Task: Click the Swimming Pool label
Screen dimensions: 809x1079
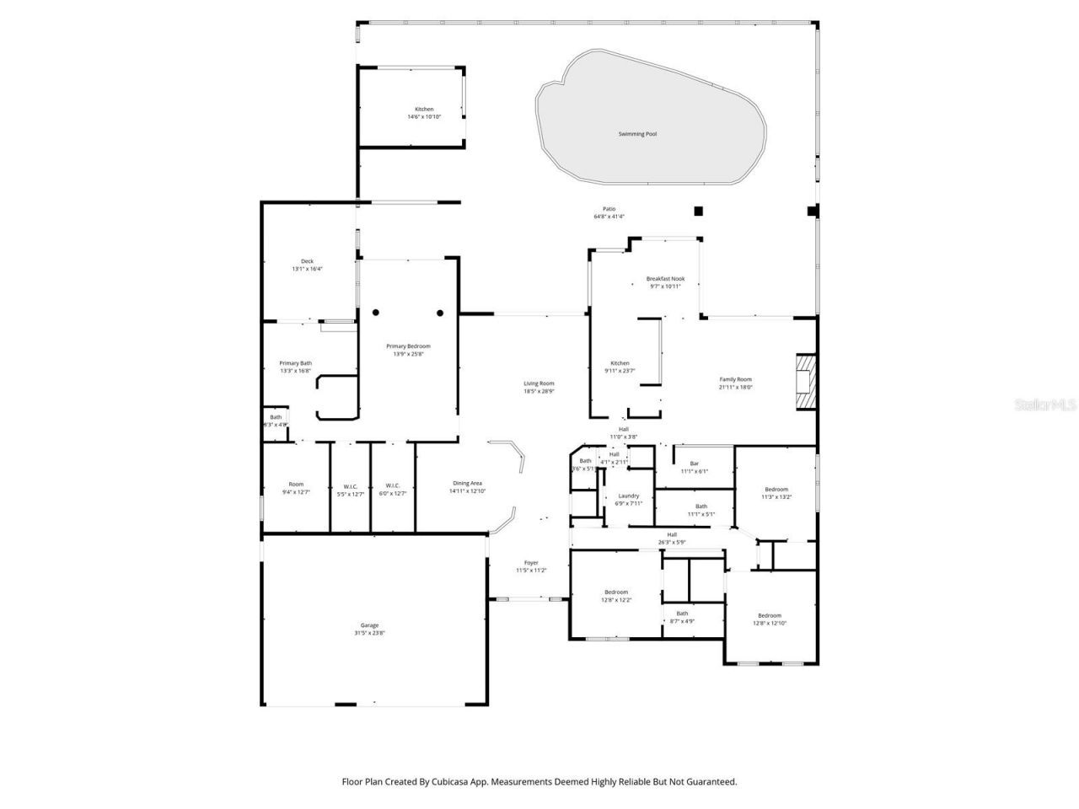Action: click(637, 134)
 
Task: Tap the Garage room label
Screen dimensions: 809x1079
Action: click(370, 625)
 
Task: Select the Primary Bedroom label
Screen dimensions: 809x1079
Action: click(408, 346)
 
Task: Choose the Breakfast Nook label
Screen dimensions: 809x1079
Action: click(665, 279)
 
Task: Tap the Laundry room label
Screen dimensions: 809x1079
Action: click(628, 496)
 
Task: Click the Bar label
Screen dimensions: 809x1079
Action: click(695, 463)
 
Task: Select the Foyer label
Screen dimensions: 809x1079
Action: click(531, 563)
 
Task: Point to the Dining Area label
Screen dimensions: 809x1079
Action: click(467, 483)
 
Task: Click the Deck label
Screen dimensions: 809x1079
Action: click(307, 261)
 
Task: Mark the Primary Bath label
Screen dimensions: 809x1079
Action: click(295, 363)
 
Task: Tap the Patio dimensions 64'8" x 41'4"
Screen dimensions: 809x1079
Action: click(609, 217)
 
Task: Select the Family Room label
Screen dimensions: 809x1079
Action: click(735, 379)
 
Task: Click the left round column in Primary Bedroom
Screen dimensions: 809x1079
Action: click(376, 313)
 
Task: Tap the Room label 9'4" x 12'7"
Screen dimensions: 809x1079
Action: click(296, 485)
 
